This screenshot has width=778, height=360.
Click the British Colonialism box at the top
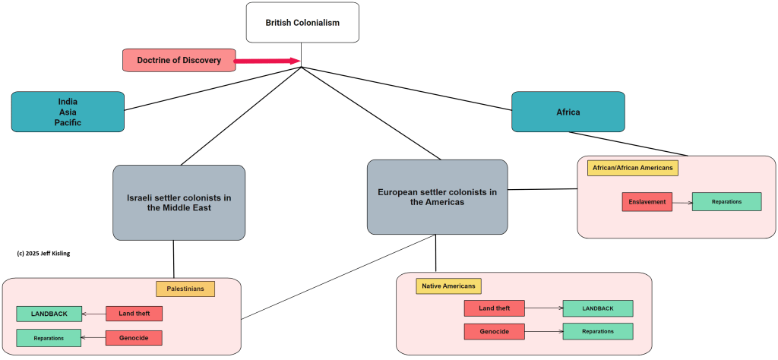[x=302, y=22]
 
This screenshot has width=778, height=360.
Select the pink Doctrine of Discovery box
[x=179, y=60]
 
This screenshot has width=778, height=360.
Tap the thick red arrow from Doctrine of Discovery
[x=267, y=60]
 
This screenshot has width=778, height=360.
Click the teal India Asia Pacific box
[x=68, y=112]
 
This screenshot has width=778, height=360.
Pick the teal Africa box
[x=568, y=112]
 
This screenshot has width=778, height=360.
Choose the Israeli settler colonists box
[x=179, y=202]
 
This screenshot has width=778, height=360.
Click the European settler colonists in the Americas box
[x=437, y=197]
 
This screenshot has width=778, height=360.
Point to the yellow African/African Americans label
[x=632, y=167]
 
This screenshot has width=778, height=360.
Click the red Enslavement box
[x=647, y=202]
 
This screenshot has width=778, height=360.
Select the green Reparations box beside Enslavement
[x=726, y=201]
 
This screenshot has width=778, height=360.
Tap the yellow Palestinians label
[x=185, y=289]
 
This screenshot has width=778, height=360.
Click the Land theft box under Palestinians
[x=134, y=314]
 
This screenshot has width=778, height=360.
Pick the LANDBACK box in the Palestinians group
[x=49, y=314]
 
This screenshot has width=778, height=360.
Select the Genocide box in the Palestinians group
[x=134, y=338]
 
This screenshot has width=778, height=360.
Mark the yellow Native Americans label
[x=448, y=286]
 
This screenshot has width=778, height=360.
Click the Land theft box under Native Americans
[x=494, y=308]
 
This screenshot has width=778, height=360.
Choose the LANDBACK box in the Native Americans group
[x=597, y=308]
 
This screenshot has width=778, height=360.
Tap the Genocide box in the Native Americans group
[x=494, y=331]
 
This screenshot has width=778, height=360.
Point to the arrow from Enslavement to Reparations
[x=682, y=202]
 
